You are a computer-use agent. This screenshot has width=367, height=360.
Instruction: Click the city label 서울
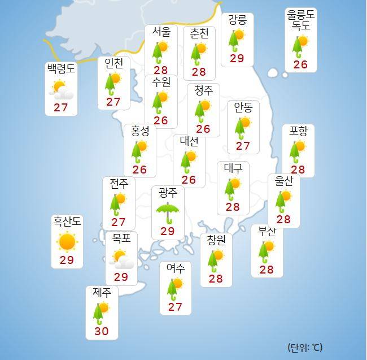click(x=160, y=32)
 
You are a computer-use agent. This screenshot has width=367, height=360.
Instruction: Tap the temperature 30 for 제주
click(x=101, y=331)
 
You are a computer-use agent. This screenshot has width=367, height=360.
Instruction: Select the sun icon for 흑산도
click(x=67, y=242)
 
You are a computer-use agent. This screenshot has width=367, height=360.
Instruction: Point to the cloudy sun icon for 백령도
click(x=61, y=89)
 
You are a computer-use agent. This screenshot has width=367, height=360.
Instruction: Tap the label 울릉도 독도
click(x=300, y=20)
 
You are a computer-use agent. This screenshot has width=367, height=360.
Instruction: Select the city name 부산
click(x=266, y=232)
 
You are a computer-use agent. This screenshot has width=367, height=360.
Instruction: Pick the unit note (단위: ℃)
click(x=305, y=347)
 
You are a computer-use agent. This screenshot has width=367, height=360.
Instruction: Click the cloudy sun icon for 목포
click(x=121, y=259)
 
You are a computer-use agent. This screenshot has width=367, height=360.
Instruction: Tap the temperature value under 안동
click(x=243, y=145)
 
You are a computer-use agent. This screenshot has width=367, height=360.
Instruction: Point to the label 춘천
click(x=199, y=33)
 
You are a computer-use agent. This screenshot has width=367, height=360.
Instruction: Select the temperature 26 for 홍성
click(x=139, y=170)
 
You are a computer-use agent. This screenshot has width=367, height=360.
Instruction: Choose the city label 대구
click(x=233, y=168)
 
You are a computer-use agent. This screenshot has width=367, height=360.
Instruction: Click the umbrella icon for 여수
click(x=174, y=287)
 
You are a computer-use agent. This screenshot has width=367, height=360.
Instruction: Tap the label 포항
click(x=298, y=131)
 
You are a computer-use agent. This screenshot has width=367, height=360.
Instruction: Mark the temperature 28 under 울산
click(x=283, y=219)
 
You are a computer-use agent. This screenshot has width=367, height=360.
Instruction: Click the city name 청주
click(x=203, y=90)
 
